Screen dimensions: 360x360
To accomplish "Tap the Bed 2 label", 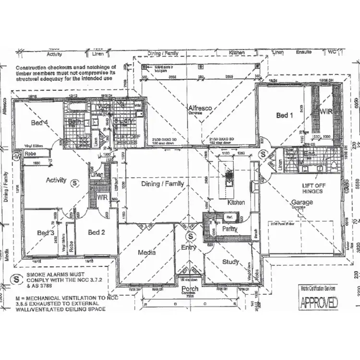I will (x=96, y=232).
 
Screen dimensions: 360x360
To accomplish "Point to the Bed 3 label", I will (x=45, y=233).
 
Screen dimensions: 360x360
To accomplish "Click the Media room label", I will (x=146, y=252).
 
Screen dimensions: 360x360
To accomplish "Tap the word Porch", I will (x=190, y=289).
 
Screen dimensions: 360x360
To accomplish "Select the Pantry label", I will (x=223, y=229).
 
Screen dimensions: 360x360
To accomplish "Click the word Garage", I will (x=301, y=202).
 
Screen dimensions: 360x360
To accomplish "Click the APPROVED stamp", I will (x=319, y=302).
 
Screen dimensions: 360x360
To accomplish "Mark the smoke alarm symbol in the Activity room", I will (x=75, y=182).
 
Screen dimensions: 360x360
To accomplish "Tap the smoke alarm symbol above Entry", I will (x=191, y=236).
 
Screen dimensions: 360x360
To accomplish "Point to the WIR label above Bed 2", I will (x=102, y=197).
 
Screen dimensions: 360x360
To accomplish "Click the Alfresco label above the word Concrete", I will (x=200, y=109).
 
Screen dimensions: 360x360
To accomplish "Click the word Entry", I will (x=188, y=247).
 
